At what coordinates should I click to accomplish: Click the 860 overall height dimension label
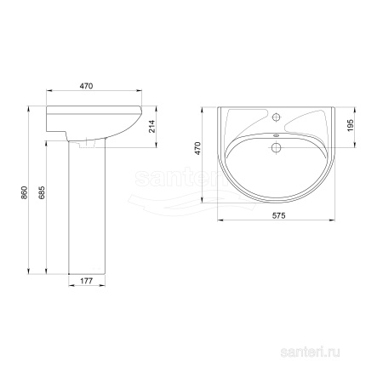coord(25,192)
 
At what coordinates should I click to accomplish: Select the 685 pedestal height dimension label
coord(42,192)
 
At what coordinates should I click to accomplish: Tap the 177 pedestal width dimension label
coord(87,281)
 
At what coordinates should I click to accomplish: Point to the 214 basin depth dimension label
coord(152,126)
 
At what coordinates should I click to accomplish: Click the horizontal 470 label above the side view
coord(86,86)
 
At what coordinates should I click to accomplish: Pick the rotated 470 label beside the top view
coord(197,148)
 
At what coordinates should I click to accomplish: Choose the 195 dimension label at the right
coord(351,125)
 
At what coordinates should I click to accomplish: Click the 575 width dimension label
coord(279,215)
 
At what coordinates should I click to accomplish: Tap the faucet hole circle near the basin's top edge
coord(276,117)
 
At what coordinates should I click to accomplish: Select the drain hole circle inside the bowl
coord(276,147)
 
